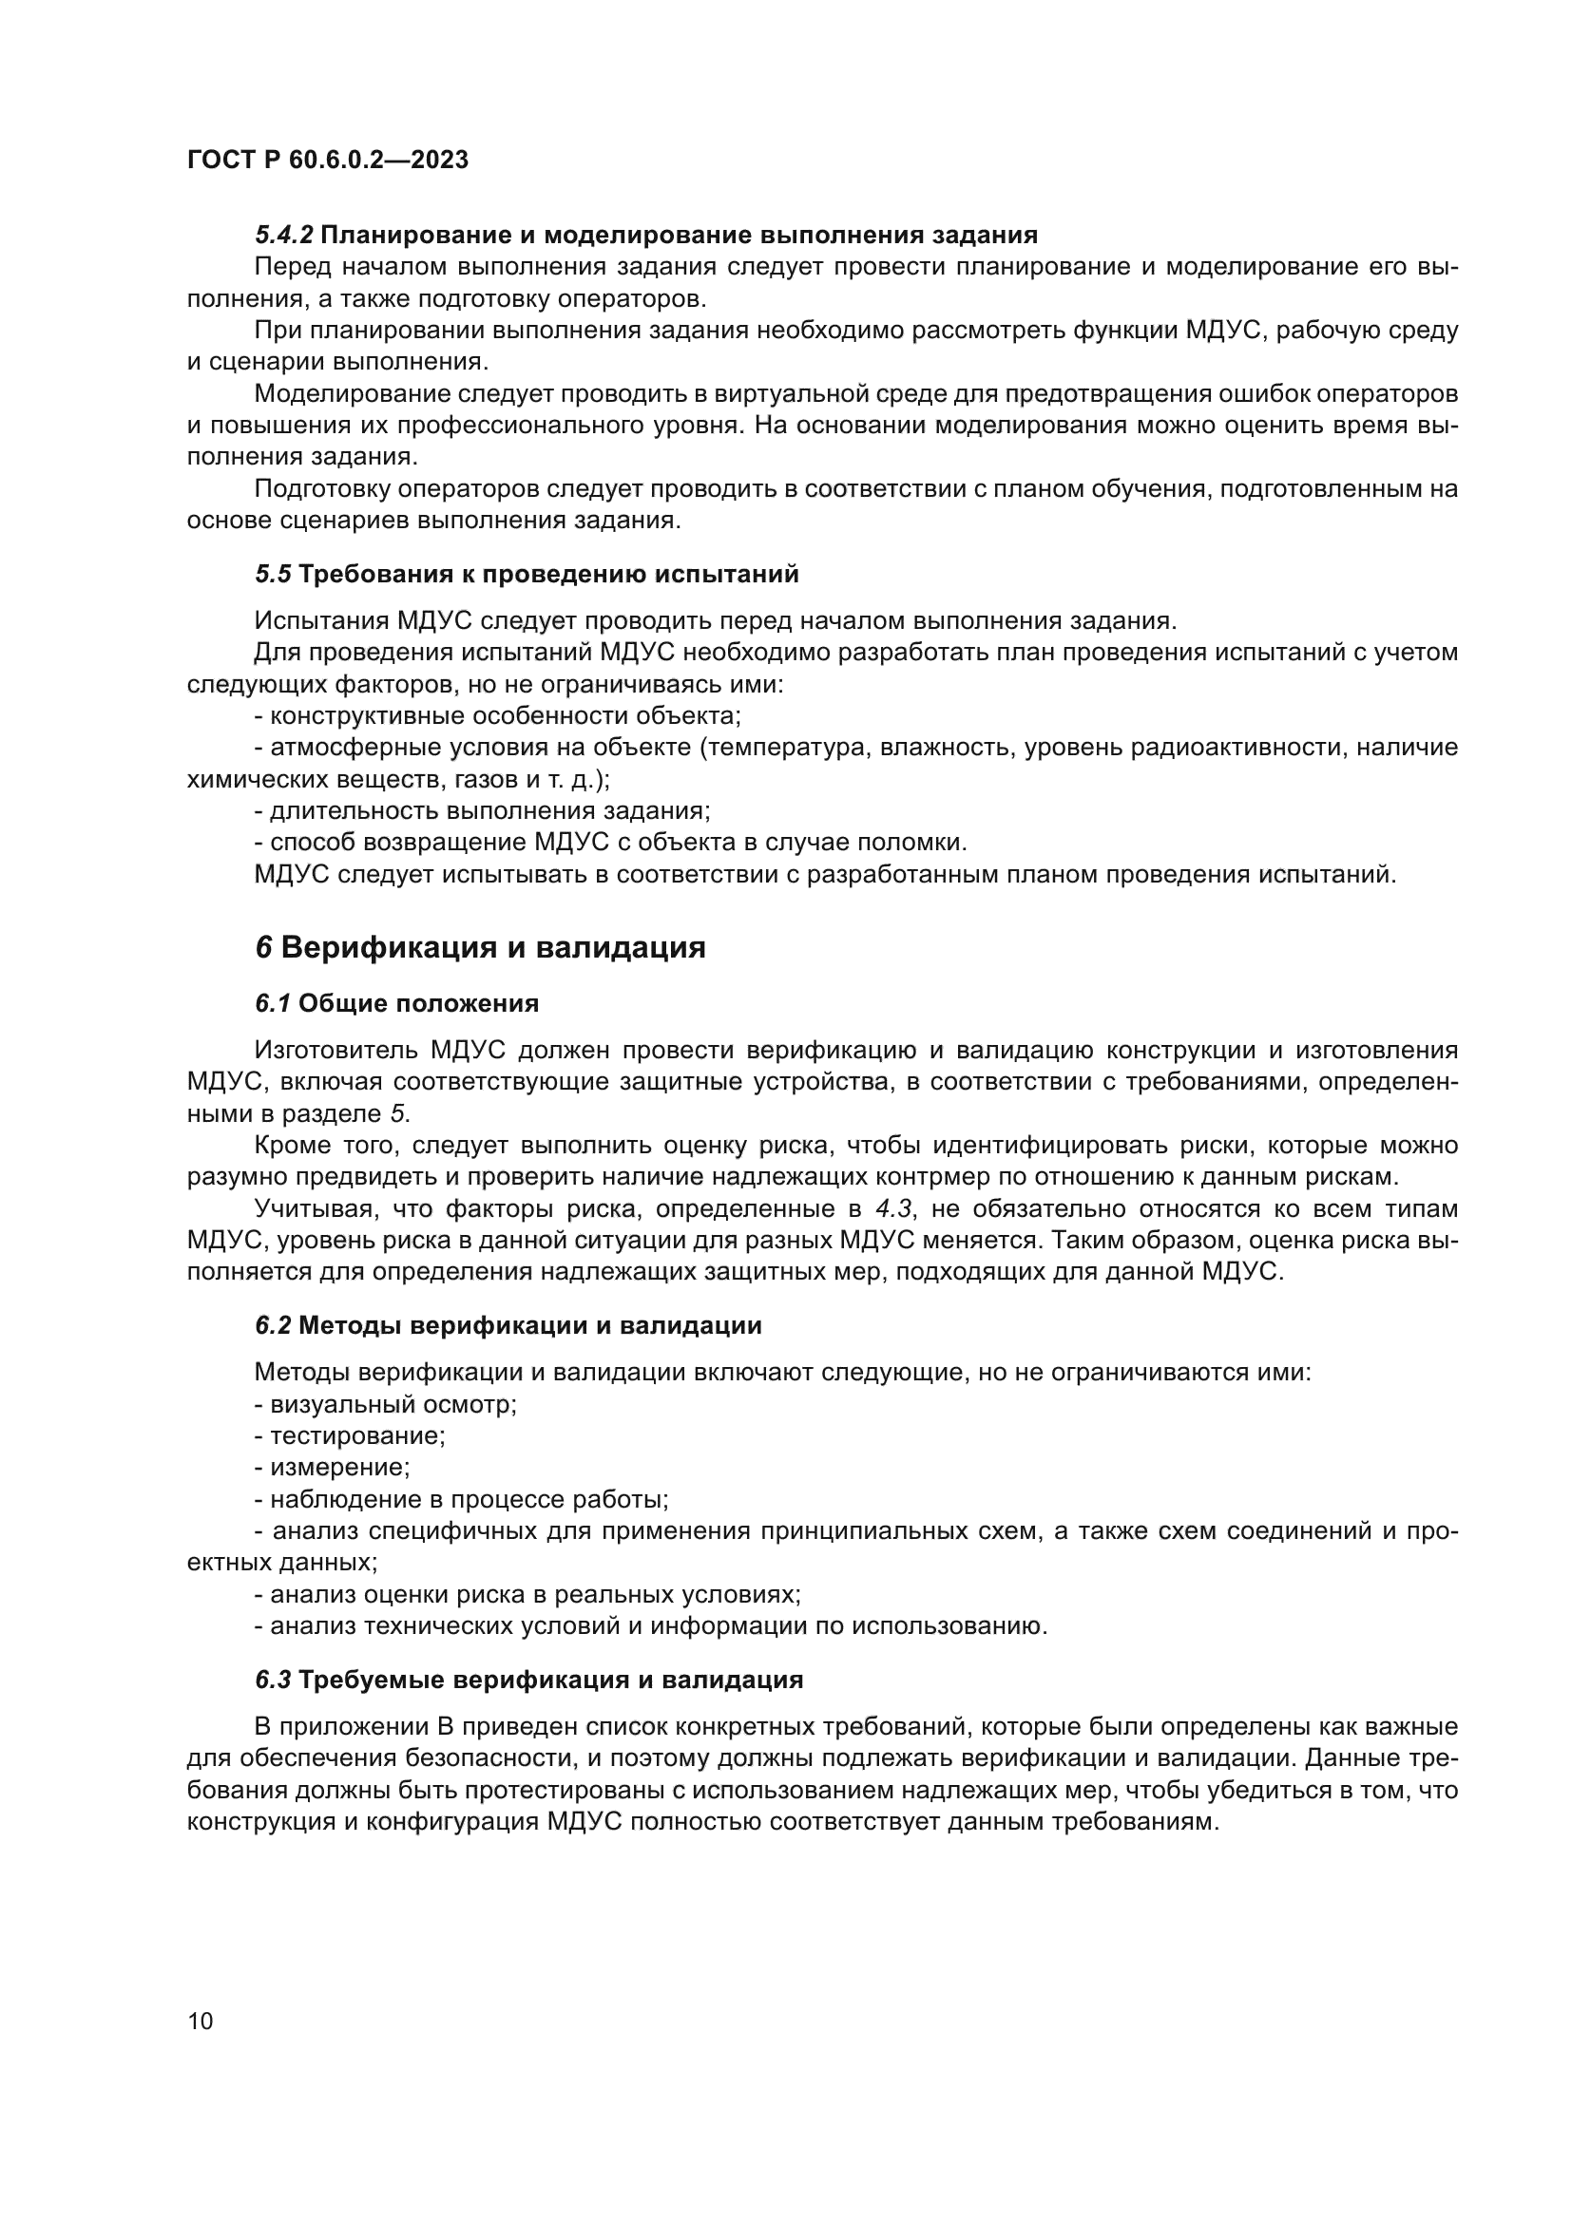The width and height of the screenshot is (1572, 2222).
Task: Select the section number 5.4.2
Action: click(x=283, y=236)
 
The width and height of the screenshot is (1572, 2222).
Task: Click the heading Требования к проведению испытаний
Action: click(x=548, y=574)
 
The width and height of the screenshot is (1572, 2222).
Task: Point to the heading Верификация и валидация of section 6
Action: click(x=492, y=947)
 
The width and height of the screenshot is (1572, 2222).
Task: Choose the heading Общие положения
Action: click(x=418, y=1003)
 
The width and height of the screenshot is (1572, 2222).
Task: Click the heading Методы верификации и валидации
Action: click(x=529, y=1325)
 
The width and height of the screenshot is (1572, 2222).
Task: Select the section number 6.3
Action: click(x=273, y=1679)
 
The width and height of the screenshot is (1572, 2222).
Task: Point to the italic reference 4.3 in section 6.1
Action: click(x=893, y=1208)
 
